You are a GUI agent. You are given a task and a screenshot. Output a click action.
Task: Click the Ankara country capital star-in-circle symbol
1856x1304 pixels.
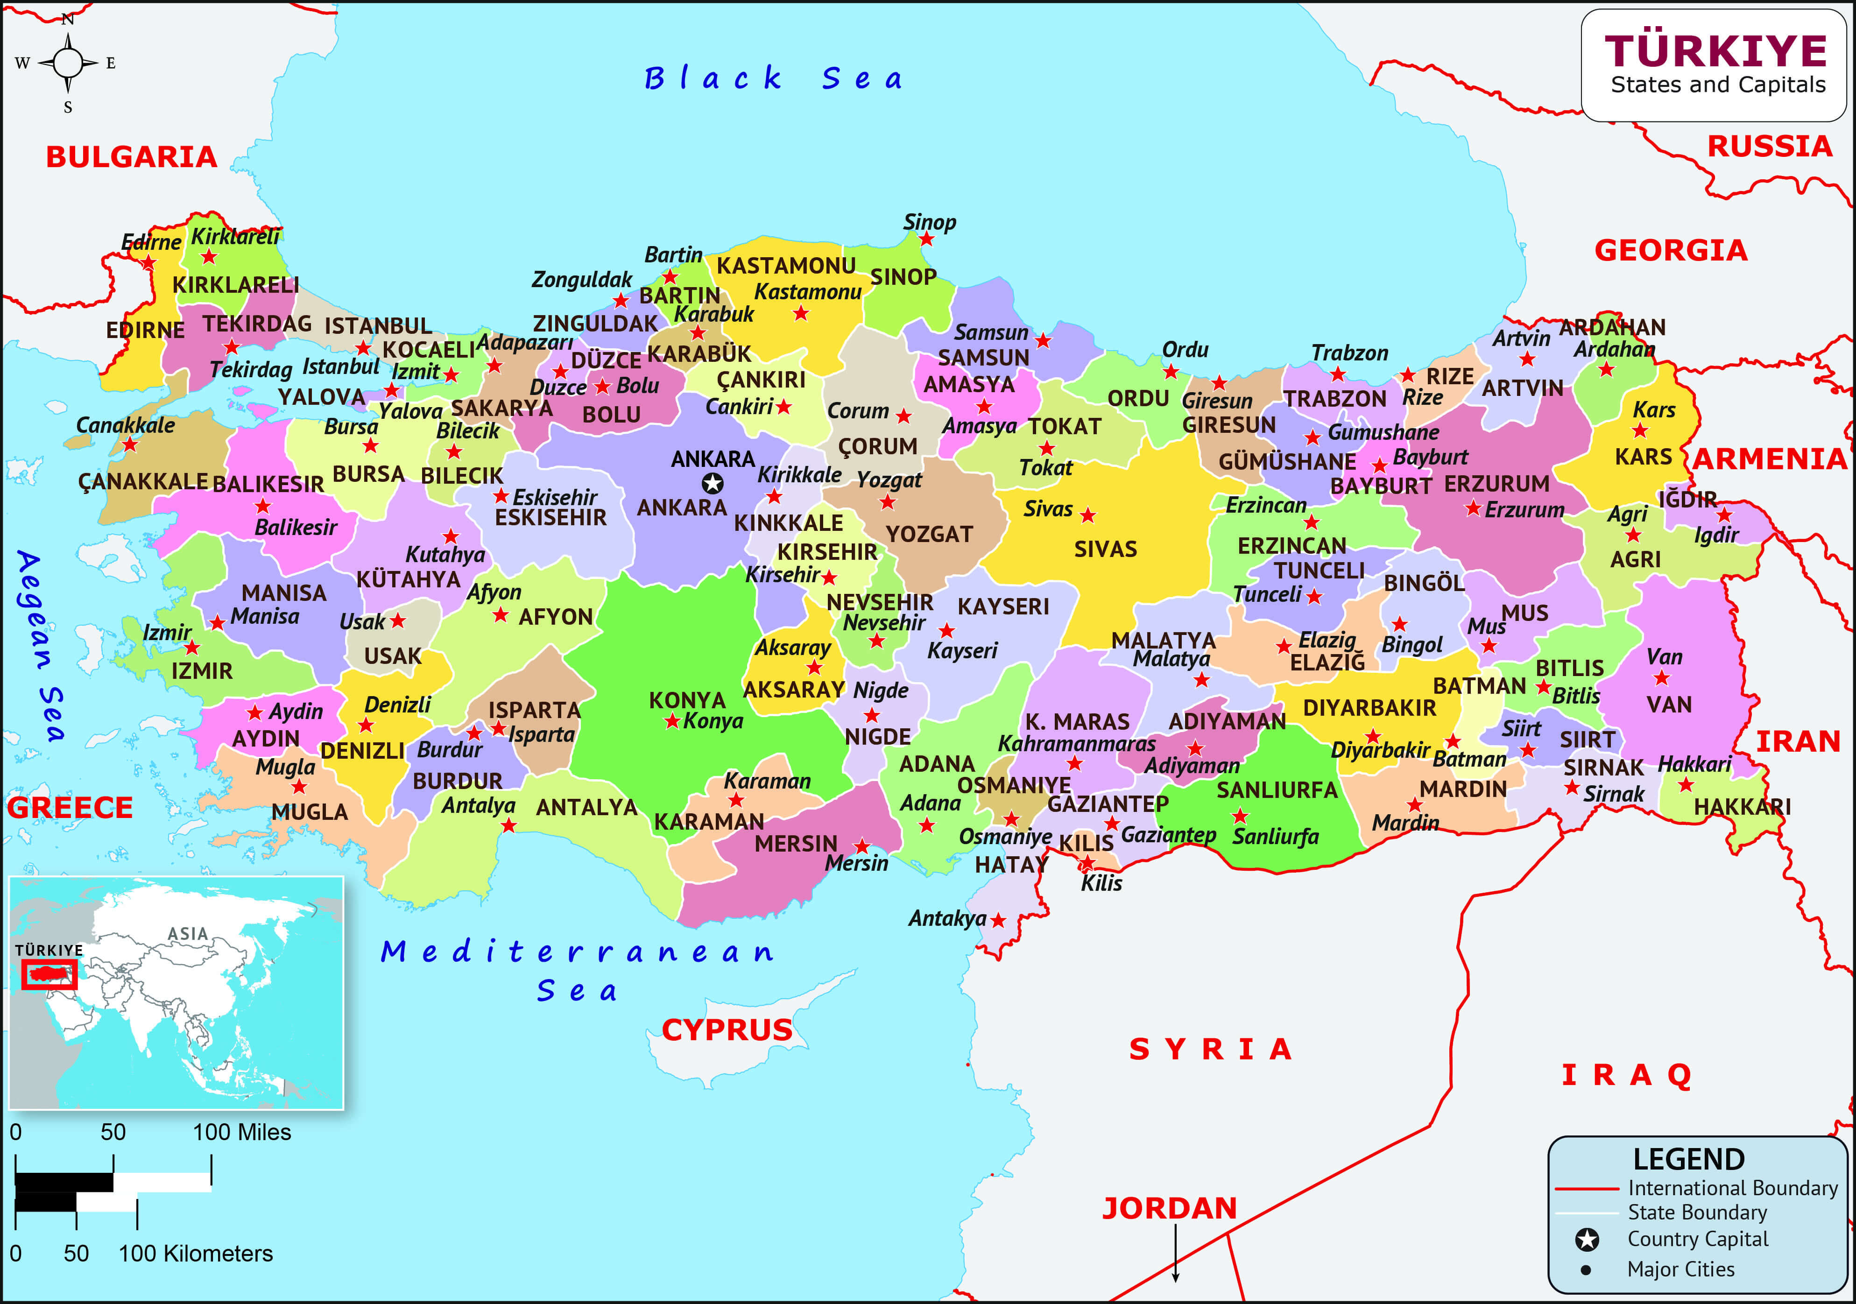pos(712,483)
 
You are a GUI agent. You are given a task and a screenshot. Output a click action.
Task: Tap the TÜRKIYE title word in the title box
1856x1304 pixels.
pos(1715,52)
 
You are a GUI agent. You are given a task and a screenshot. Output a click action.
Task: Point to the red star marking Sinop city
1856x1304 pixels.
pos(926,240)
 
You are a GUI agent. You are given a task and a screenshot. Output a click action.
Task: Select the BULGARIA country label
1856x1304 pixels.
pos(131,157)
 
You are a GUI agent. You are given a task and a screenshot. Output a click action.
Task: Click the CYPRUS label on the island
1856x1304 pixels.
pos(727,1030)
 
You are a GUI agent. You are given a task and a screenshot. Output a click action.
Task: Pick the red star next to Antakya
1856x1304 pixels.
pos(998,920)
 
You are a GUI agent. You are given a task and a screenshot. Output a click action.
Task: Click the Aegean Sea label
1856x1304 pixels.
pos(41,647)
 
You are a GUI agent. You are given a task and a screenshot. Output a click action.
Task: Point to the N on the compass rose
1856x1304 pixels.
pos(68,19)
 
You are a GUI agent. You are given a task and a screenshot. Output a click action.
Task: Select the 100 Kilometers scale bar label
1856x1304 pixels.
pos(196,1253)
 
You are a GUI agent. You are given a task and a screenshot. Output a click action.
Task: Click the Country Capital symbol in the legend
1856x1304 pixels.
pos(1587,1239)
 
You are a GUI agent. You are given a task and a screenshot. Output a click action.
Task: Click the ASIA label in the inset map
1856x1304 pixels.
pos(188,934)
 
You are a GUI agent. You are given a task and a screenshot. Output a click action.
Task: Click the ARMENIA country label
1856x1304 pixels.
pos(1770,459)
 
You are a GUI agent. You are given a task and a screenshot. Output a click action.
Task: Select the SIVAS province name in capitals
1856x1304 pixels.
pos(1105,550)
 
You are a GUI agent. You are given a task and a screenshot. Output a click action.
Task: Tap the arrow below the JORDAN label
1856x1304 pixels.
pos(1175,1253)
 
